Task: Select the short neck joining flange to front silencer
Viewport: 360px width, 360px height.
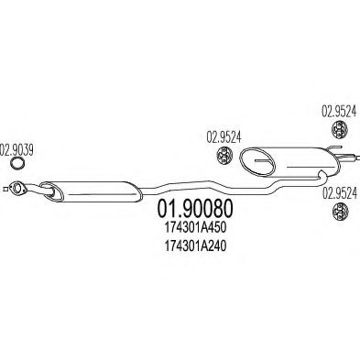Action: [35, 191]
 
